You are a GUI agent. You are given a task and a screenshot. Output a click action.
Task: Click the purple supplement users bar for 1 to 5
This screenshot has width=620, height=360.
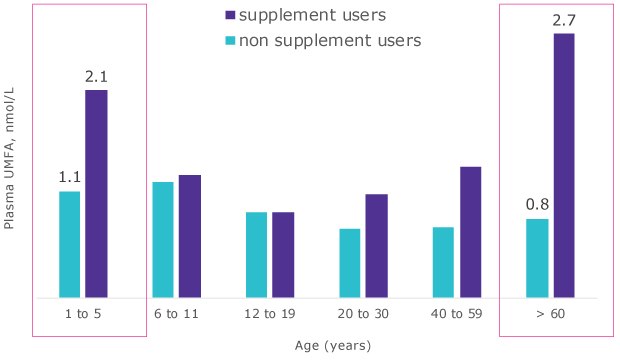[x=96, y=194]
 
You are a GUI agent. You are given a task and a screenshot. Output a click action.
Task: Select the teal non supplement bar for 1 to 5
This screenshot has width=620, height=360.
[x=69, y=244]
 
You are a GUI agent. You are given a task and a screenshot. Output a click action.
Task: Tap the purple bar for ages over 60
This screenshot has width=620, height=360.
[x=564, y=166]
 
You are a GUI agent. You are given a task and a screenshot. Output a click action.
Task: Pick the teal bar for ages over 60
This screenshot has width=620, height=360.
[x=537, y=258]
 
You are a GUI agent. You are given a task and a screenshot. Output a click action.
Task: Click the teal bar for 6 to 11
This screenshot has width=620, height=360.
[x=162, y=240]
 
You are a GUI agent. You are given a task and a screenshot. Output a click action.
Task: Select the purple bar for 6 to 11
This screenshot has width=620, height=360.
[x=190, y=236]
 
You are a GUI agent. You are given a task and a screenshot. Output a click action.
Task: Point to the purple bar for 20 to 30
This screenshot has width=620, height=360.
[x=377, y=246]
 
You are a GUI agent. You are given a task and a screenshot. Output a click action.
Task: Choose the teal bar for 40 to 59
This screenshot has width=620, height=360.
[x=443, y=262]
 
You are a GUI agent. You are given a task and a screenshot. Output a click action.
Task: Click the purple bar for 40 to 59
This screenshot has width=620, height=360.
[x=471, y=232]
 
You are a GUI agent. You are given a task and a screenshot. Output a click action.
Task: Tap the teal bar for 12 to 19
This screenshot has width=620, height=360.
[x=256, y=255]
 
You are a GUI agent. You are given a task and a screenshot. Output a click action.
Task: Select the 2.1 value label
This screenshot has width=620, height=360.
[x=96, y=76]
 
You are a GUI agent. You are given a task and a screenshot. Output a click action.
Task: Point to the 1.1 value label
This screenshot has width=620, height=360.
[x=69, y=177]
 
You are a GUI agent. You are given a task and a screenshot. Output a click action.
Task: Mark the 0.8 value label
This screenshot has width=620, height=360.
[x=537, y=205]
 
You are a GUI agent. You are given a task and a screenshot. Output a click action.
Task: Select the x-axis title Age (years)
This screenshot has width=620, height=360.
[x=333, y=346]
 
